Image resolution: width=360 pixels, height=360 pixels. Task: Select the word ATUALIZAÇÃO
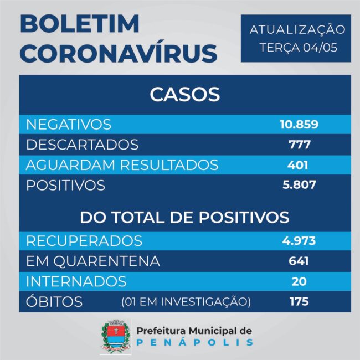297,29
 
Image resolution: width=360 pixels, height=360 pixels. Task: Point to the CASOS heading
184,94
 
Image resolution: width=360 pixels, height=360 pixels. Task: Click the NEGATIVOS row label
69,124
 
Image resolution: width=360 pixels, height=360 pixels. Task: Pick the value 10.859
299,124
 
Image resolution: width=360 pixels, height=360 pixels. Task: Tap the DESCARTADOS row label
82,145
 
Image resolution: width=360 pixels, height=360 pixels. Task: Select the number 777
299,145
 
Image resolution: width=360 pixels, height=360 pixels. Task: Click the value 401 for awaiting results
298,164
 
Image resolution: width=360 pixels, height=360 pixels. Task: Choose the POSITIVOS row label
65,185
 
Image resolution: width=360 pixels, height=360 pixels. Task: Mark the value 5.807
299,185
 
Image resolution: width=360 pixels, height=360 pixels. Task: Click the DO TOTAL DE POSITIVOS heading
184,217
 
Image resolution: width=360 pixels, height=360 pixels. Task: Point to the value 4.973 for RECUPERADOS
299,241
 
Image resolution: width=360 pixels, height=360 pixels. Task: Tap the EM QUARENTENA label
93,261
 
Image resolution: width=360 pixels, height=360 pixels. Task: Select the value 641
298,261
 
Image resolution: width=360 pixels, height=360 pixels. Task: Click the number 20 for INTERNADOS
299,281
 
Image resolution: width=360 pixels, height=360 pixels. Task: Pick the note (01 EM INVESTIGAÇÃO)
186,302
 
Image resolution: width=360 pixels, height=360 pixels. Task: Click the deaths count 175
299,302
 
